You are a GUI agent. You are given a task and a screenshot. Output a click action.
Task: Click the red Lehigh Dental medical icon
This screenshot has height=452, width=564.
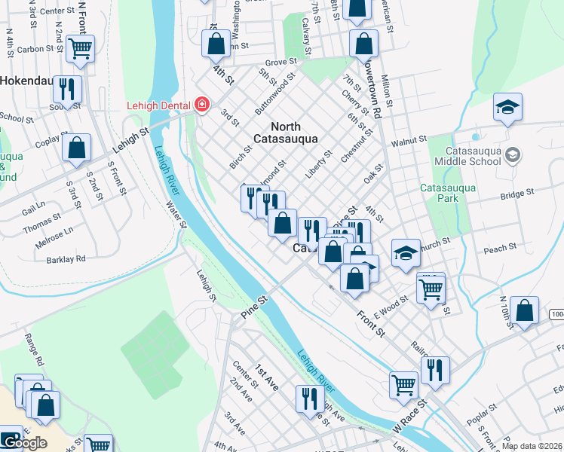(201, 105)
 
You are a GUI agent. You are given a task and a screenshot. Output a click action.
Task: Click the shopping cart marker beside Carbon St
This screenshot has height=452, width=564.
(80, 49)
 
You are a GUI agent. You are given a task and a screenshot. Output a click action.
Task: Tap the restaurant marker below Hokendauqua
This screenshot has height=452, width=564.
(68, 90)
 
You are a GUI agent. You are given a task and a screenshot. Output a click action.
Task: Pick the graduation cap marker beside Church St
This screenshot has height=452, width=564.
(406, 255)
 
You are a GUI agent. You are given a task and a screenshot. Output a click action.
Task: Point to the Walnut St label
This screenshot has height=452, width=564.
(409, 141)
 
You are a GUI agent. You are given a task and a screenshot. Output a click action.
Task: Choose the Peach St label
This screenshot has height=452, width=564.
(500, 247)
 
